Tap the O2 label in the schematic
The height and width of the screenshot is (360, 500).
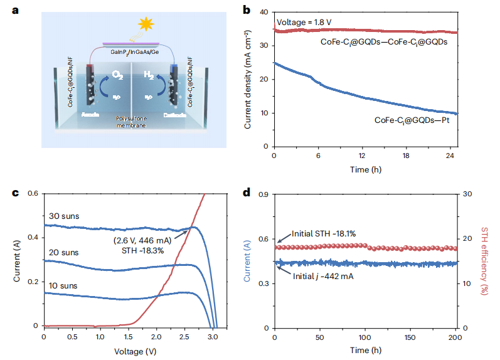point(117,76)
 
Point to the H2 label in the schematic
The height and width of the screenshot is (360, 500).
point(149,76)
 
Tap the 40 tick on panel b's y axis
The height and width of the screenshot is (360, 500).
point(265,12)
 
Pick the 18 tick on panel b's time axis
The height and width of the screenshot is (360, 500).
point(410,156)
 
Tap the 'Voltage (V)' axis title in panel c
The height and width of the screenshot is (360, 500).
point(129,351)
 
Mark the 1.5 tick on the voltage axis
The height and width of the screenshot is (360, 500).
point(128,337)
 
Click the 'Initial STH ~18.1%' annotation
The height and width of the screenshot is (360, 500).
point(324,234)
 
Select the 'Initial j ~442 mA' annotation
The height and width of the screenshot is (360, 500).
point(326,275)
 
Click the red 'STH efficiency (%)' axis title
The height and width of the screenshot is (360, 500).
point(487,260)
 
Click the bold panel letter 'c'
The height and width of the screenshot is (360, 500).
point(16,192)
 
